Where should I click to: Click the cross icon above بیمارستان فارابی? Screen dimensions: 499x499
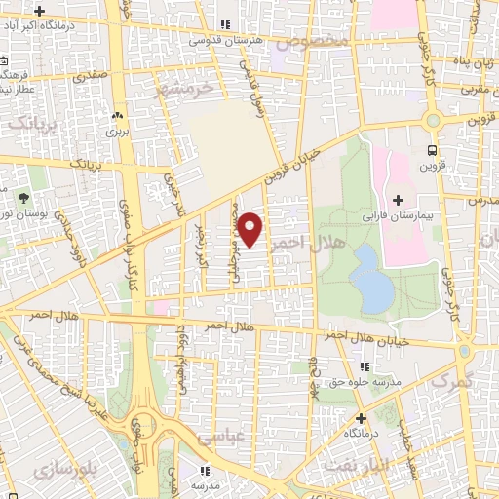(398, 199)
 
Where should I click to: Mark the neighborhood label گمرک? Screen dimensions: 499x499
(449, 381)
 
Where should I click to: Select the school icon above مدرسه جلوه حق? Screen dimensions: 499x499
(364, 366)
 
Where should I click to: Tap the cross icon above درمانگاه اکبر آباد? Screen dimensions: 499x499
(38, 11)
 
